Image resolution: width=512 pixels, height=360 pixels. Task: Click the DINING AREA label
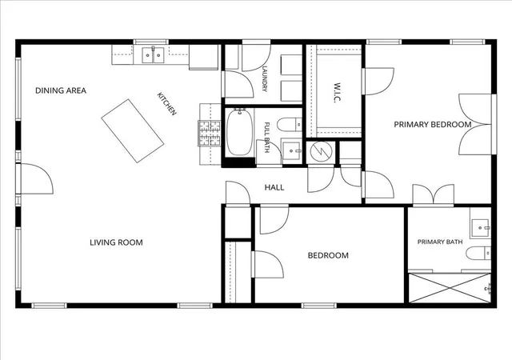coord(61,90)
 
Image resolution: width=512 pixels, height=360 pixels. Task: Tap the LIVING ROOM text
coord(116,242)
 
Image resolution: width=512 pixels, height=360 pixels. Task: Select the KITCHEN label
coord(167,104)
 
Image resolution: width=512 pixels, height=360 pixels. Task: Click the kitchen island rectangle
coord(133,130)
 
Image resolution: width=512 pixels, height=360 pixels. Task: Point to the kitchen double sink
coord(153,55)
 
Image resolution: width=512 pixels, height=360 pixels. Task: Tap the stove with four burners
coord(210,134)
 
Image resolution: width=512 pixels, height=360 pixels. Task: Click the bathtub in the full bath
coord(240,132)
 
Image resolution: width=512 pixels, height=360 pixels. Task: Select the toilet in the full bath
coord(290,124)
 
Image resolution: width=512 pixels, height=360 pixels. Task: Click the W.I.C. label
coord(337,93)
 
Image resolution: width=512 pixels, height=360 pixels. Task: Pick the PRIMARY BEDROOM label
coord(433,125)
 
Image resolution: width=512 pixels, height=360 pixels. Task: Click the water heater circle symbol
coord(322,151)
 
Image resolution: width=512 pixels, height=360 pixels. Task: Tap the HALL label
coord(274,187)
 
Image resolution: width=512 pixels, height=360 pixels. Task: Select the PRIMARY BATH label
coord(440,242)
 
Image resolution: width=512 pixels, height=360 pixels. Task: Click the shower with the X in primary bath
coord(450,288)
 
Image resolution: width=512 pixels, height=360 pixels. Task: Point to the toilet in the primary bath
coord(478,253)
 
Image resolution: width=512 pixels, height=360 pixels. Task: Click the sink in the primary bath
coord(480,228)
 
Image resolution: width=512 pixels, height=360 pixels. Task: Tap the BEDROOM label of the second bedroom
coord(328,255)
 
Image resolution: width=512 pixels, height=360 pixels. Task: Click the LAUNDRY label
coord(265,79)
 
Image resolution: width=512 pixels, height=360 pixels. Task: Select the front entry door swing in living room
coord(35,178)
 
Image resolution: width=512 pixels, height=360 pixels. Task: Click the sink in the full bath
coord(291,150)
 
